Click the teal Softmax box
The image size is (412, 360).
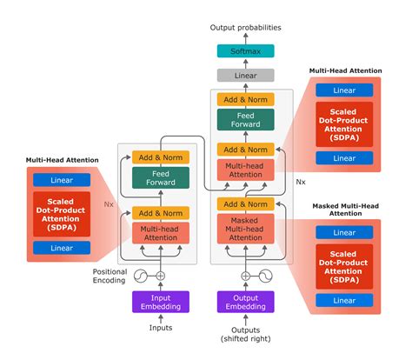tap(245, 51)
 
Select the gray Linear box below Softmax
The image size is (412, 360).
tap(245, 76)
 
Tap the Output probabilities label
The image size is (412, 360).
tap(245, 29)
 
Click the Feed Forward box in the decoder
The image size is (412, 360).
tap(245, 120)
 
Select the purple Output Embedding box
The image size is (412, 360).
tap(245, 301)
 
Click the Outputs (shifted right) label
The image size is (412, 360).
tap(245, 333)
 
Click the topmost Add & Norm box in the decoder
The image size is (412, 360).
tap(245, 99)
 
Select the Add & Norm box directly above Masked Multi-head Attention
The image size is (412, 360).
tap(245, 204)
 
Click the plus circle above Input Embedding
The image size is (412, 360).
tap(160, 277)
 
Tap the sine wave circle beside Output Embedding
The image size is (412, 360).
tap(264, 277)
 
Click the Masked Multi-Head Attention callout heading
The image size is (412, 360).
tap(348, 209)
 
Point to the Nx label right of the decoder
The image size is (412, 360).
tap(301, 183)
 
